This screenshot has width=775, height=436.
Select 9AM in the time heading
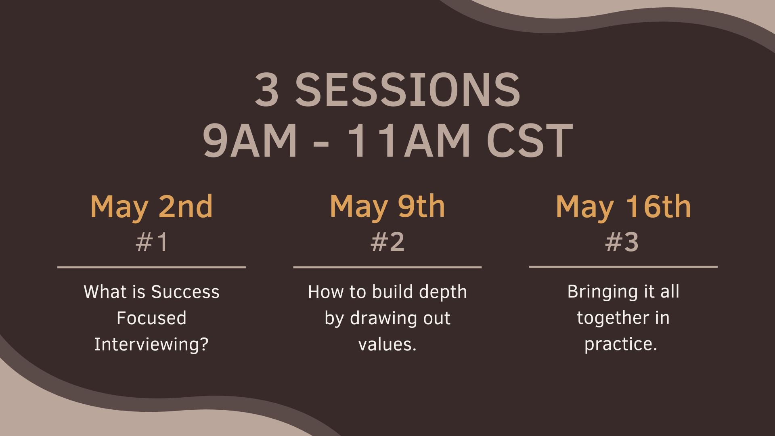pos(250,140)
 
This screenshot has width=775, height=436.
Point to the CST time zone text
pos(530,140)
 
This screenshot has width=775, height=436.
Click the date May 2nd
pos(151,208)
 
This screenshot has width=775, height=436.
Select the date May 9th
pos(387,208)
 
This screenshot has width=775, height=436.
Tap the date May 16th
pos(623,208)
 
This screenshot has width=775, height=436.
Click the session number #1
pos(151,242)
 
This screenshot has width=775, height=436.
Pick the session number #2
pos(387,242)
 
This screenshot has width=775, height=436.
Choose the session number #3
pos(622,242)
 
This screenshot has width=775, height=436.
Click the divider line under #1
pos(151,267)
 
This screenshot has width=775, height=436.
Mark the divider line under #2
pos(387,267)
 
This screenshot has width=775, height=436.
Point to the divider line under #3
pos(623,267)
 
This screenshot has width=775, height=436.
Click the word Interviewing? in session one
pos(151,345)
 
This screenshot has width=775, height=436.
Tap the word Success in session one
pos(185,292)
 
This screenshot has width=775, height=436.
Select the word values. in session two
pos(387,345)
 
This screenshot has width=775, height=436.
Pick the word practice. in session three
pos(621,344)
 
